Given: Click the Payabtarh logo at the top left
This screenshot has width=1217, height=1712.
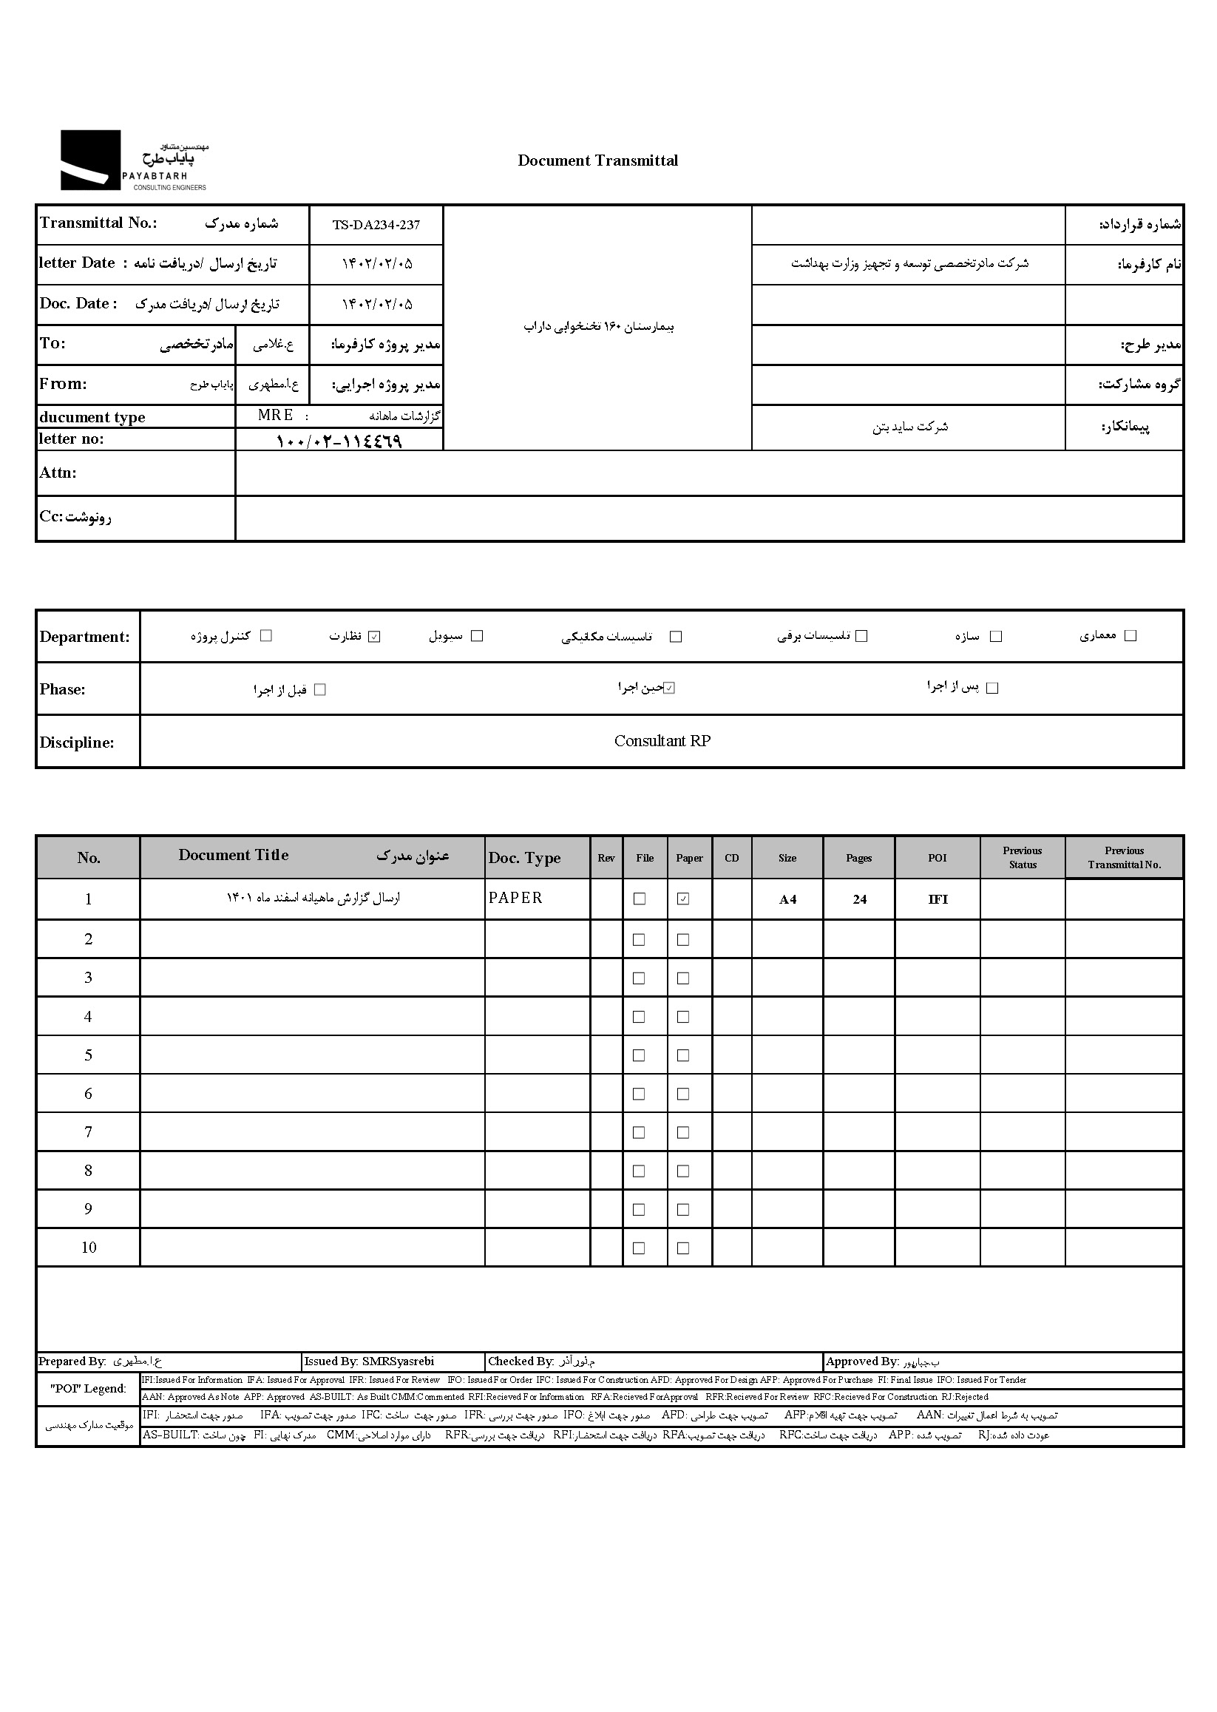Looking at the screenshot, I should click(x=133, y=160).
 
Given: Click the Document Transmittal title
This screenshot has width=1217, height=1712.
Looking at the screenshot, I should click(x=597, y=160).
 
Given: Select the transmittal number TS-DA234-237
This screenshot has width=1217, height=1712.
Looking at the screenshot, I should click(x=376, y=225).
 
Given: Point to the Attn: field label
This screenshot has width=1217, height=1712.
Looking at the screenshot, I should click(x=58, y=473).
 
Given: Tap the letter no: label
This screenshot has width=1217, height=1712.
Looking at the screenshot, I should click(x=71, y=439).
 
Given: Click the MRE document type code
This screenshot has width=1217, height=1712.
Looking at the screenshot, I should click(x=275, y=416).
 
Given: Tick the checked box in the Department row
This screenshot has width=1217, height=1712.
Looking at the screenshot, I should click(x=375, y=637).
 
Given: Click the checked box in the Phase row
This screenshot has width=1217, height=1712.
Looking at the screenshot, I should click(x=669, y=688).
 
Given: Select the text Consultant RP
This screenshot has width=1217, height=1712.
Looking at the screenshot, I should click(x=662, y=741).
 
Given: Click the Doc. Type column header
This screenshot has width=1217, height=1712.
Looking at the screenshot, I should click(x=523, y=859).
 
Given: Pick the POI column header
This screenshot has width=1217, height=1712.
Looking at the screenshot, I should click(x=937, y=859).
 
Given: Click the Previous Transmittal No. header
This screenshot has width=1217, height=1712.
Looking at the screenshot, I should click(x=1123, y=858).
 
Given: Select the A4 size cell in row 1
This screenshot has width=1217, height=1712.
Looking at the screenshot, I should click(x=787, y=899).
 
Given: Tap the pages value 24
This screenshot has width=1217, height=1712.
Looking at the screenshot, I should click(x=859, y=899).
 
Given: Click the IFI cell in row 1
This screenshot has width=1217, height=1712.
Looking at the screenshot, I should click(x=937, y=899).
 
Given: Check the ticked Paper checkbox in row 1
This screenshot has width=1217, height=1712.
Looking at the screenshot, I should click(x=682, y=899).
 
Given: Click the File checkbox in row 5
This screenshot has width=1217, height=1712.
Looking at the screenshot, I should click(x=639, y=1055).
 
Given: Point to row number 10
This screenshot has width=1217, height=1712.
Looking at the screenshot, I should click(x=89, y=1248).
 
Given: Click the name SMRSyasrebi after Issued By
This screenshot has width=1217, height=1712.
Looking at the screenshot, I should click(x=397, y=1361).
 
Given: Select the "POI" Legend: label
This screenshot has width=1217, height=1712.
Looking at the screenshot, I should click(x=88, y=1389).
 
